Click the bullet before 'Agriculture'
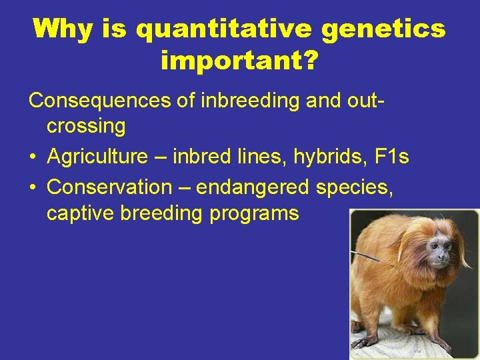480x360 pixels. (x=33, y=158)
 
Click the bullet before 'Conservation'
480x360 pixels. (x=33, y=188)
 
